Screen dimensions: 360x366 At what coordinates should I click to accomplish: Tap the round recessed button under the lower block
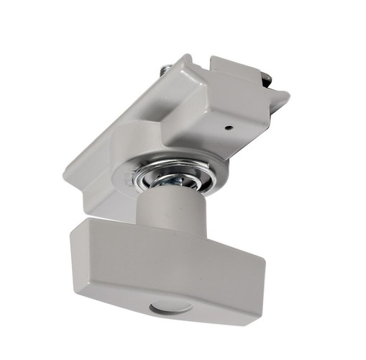[170, 308]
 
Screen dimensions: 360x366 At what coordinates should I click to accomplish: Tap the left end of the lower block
[75, 252]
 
